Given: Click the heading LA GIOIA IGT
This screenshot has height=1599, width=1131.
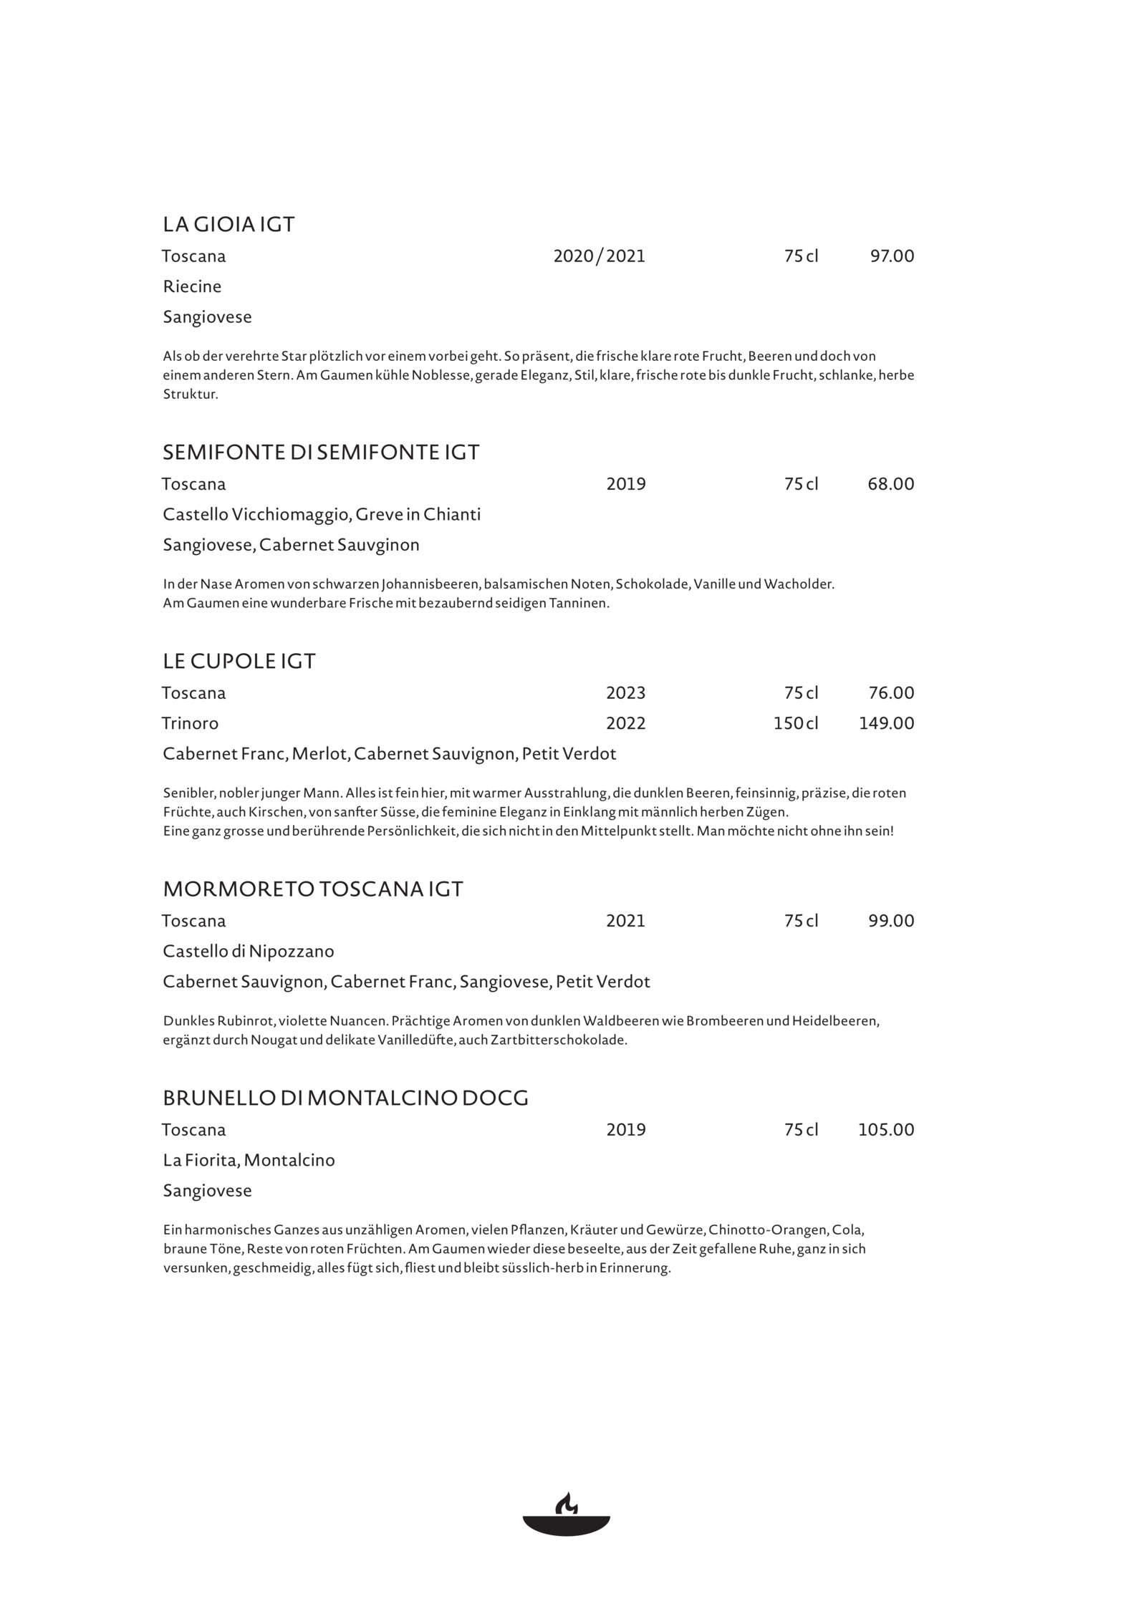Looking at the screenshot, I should (x=228, y=225).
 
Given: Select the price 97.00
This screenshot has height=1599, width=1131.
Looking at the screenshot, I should (x=892, y=256).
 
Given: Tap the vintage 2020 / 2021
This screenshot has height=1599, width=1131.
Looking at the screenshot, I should (x=599, y=256).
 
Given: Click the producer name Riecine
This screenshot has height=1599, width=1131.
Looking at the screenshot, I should (x=192, y=286).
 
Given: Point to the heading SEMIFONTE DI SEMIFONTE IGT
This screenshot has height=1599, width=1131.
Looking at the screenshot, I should (x=321, y=453).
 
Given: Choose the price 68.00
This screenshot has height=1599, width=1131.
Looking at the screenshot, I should (x=890, y=484).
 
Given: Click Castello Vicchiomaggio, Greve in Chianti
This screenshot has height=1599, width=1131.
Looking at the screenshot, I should (x=322, y=515).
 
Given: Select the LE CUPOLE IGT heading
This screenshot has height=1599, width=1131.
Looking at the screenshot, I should (x=239, y=661).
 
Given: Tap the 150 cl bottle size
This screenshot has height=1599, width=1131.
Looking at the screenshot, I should (x=795, y=723).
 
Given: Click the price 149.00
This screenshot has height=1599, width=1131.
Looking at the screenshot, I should (x=886, y=723).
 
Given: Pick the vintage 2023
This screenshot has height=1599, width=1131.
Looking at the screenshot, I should (x=625, y=693).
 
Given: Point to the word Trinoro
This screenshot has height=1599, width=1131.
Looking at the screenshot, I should (x=191, y=723).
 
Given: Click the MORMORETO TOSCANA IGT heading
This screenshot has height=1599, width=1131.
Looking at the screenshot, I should (x=313, y=889).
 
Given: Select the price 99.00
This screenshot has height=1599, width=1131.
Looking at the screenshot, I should (x=891, y=921).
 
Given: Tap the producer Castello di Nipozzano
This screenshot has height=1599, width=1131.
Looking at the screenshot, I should (x=249, y=952).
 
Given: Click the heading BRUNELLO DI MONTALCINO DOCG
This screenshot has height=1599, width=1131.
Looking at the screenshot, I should (x=345, y=1098).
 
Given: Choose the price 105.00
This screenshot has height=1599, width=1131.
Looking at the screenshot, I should (x=886, y=1130).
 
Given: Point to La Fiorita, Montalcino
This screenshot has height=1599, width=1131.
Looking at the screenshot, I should (x=249, y=1160).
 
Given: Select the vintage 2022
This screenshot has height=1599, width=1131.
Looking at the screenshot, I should (x=625, y=723).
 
